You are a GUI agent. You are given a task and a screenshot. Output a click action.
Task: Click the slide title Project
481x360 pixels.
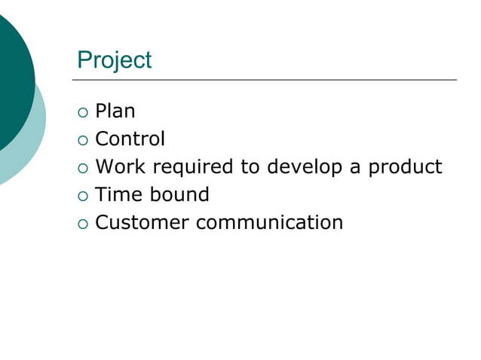(x=114, y=60)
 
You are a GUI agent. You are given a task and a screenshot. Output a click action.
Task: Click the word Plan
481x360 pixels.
(x=115, y=111)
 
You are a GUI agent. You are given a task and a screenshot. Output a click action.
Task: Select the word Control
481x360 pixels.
(x=130, y=139)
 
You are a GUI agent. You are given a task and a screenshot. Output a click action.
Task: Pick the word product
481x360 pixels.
(x=405, y=167)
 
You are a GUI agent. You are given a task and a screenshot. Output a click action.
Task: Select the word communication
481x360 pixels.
(x=270, y=222)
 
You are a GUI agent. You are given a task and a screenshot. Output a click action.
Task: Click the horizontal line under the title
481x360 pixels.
(x=264, y=79)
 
